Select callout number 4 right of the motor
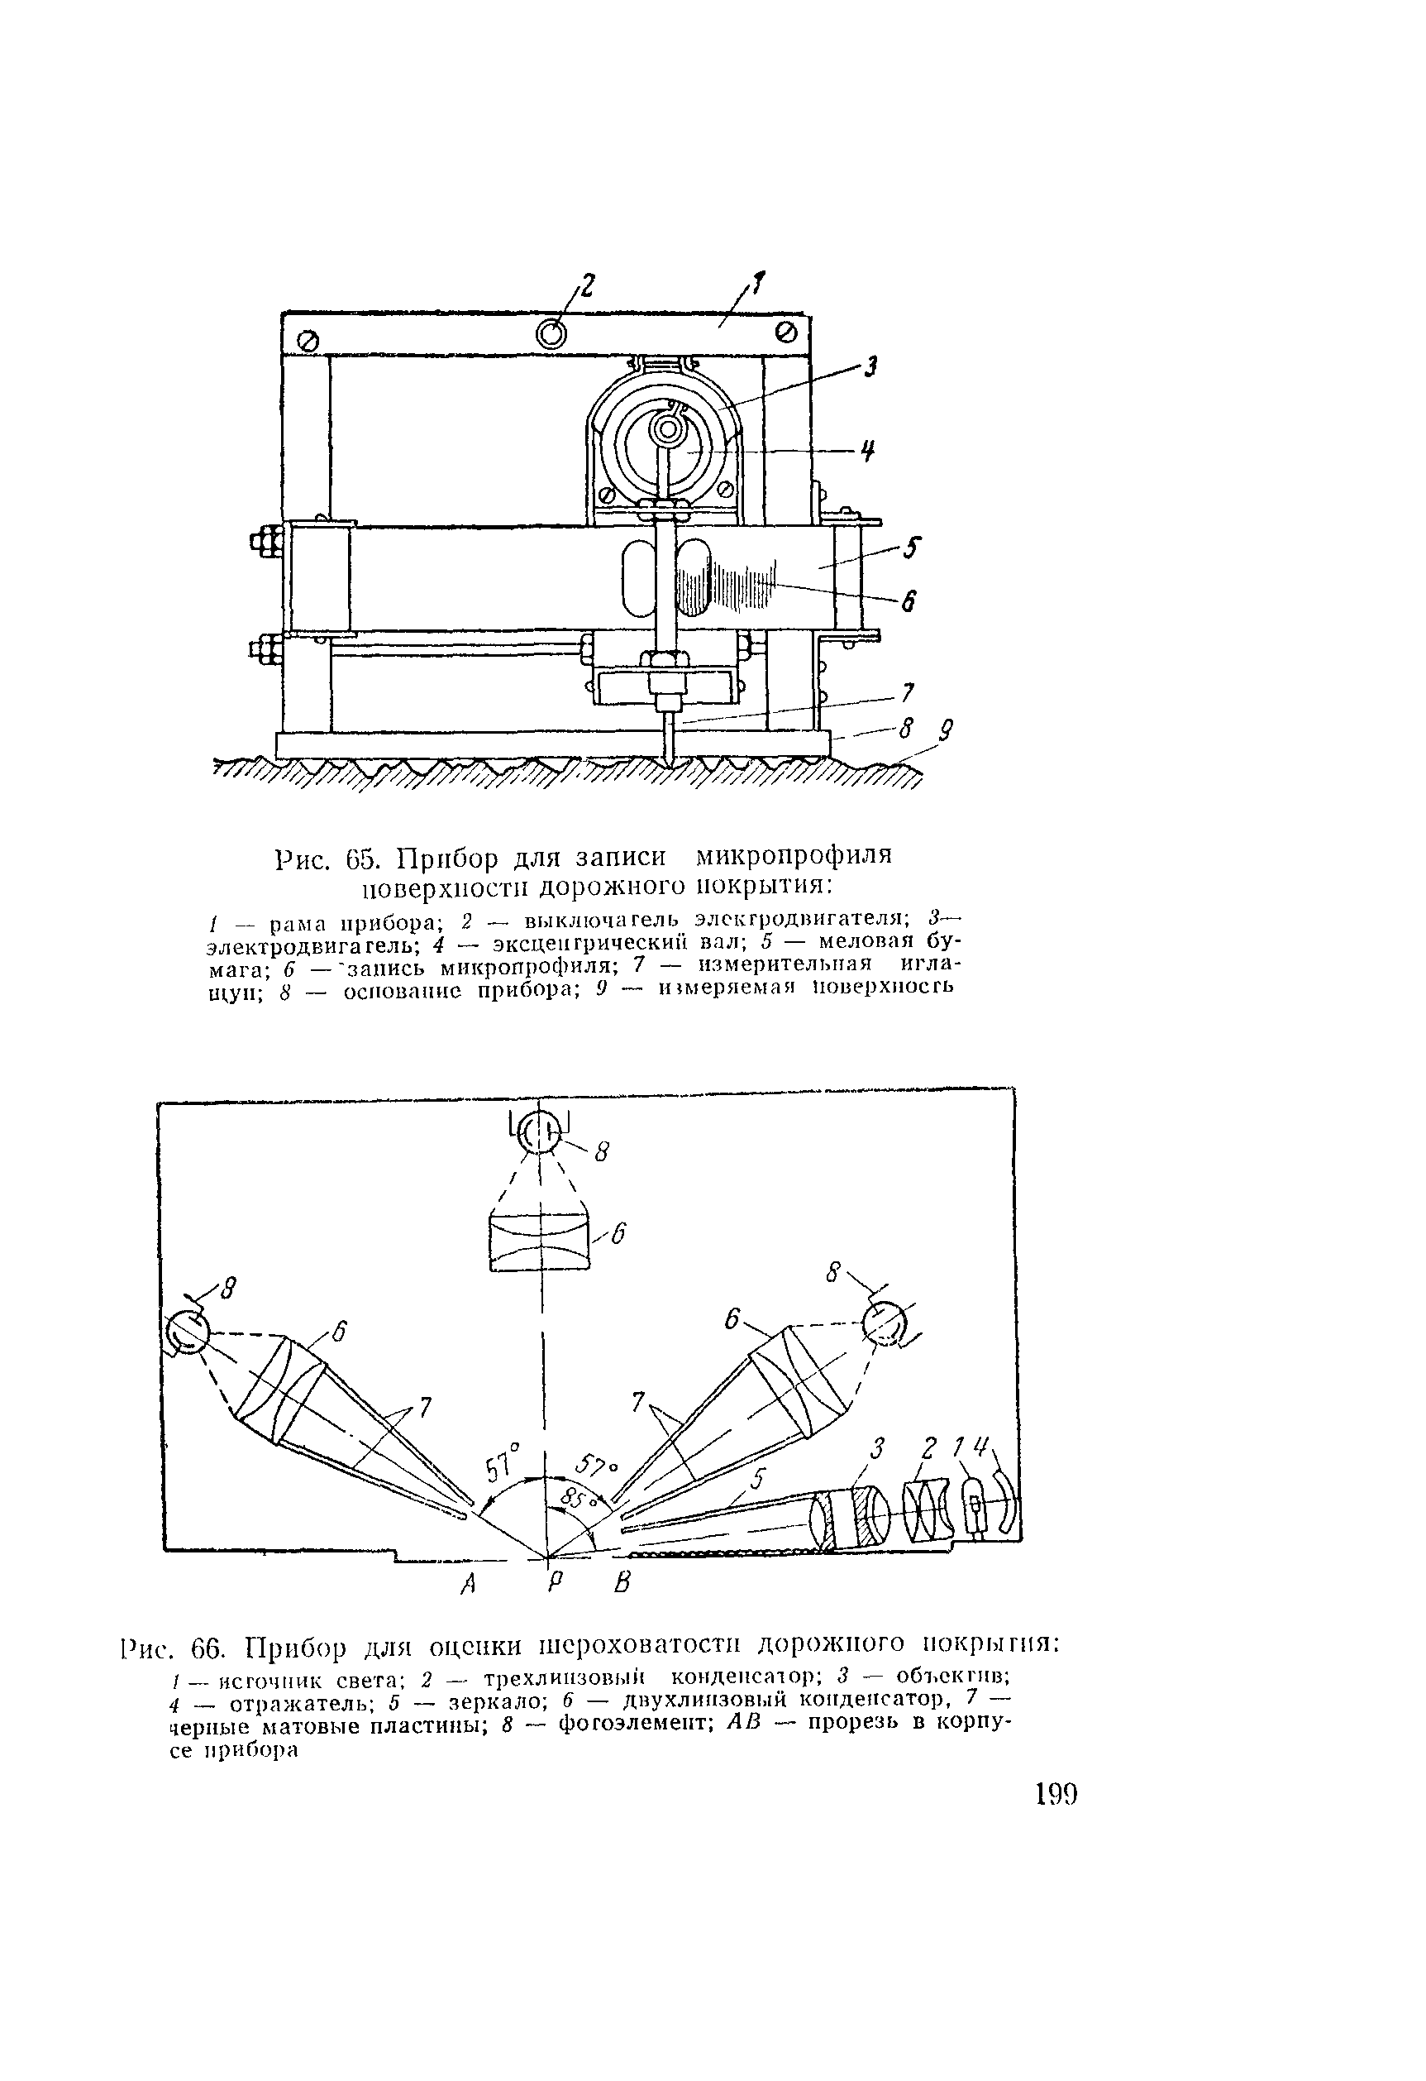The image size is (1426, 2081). coord(866,452)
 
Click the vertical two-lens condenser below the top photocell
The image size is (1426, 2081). coord(540,1240)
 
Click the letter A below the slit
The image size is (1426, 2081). coord(466,1583)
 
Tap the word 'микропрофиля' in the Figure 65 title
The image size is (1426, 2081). coord(794,857)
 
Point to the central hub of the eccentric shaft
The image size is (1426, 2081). coord(666,432)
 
